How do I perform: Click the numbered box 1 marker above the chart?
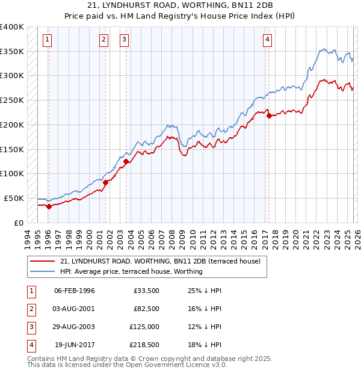click(x=48, y=40)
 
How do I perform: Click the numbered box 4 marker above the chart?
click(x=267, y=40)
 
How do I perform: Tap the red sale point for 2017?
click(x=269, y=116)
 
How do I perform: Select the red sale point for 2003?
click(x=126, y=161)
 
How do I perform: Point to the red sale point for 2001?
click(x=105, y=182)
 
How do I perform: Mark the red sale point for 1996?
click(x=49, y=206)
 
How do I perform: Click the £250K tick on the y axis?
click(x=12, y=100)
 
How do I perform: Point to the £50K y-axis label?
click(x=14, y=198)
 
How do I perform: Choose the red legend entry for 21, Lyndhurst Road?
click(x=160, y=262)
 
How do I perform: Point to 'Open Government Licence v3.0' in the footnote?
click(x=174, y=365)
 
